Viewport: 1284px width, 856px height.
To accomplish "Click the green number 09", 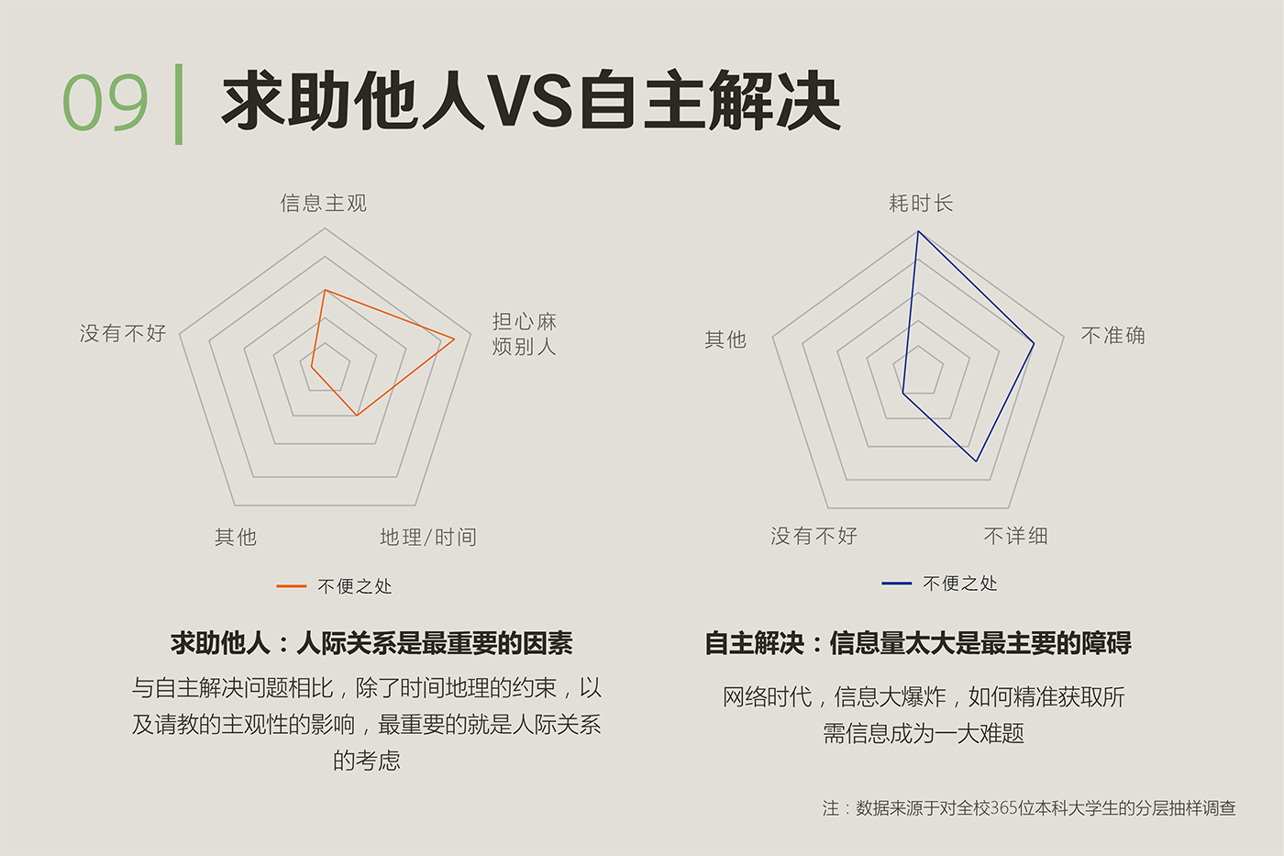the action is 105,103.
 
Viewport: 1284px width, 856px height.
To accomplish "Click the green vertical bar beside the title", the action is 179,104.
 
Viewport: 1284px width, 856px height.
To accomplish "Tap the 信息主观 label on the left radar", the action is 324,203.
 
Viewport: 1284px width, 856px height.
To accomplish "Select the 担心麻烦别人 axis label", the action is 524,334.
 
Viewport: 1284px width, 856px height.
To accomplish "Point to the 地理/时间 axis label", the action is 428,537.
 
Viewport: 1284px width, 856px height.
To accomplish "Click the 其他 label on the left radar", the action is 236,537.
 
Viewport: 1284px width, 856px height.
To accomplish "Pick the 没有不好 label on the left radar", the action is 123,333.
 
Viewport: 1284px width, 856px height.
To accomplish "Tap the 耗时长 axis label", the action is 921,203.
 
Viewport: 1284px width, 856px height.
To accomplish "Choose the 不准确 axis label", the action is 1112,336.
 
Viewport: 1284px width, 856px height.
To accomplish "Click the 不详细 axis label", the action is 1015,536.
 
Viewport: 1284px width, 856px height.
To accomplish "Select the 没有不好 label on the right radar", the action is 814,536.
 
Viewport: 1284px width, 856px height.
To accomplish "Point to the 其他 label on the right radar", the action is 725,339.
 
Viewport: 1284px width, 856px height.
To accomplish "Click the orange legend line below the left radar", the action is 291,585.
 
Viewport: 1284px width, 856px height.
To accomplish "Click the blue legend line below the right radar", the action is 896,583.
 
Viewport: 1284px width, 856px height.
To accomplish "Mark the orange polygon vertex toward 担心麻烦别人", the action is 454,340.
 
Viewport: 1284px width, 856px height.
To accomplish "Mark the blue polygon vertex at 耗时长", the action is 918,231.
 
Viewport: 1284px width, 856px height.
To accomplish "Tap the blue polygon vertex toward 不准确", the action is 1034,344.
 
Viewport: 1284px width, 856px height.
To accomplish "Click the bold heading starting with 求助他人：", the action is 371,643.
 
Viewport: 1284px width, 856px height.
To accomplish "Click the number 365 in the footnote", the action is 1004,808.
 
